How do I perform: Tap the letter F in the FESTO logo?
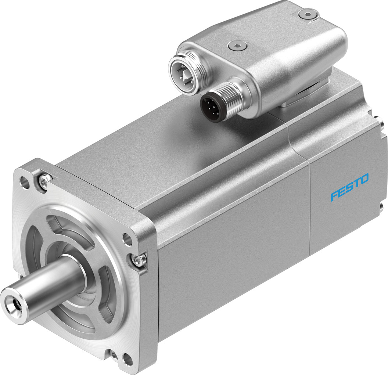tap(334, 195)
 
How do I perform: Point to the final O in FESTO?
tap(363, 180)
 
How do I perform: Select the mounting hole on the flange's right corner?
tap(127, 240)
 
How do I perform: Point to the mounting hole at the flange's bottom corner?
tap(126, 358)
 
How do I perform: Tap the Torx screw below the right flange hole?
tap(138, 260)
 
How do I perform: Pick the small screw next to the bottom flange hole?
tap(114, 355)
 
